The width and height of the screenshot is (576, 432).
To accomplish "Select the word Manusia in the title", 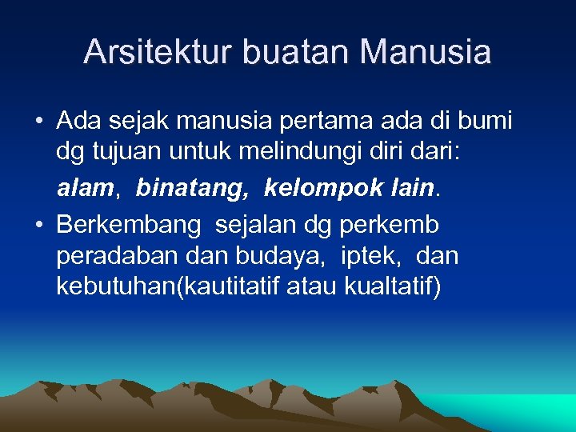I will point(425,52).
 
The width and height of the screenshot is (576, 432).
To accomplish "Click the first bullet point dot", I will point(38,122).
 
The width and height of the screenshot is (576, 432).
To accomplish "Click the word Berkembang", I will point(129,226).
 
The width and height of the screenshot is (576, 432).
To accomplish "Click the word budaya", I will point(278,257).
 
